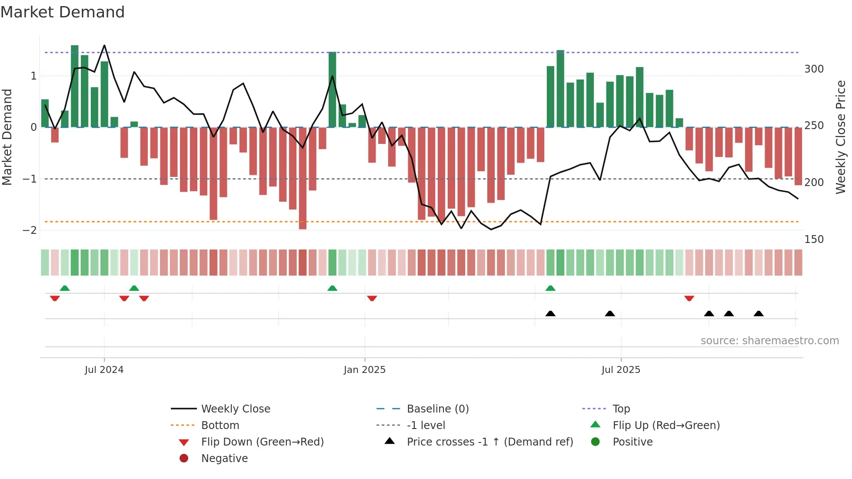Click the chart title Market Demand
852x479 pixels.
coord(63,12)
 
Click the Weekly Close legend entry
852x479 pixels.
coord(235,409)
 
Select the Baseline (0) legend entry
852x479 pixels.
coord(437,409)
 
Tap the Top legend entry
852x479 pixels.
coord(621,409)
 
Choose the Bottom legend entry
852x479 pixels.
coord(220,426)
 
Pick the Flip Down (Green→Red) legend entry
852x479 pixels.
coord(262,442)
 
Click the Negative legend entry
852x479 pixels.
coord(224,459)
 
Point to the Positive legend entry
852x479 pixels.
coord(632,442)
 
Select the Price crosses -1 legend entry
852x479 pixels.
coord(489,442)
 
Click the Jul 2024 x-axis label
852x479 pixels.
coord(104,370)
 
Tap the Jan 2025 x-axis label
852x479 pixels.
coord(364,370)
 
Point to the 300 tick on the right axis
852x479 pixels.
coord(814,69)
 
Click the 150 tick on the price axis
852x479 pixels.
coord(814,239)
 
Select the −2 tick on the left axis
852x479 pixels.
coord(30,230)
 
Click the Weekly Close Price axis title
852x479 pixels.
coord(841,137)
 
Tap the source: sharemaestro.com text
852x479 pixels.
coord(769,341)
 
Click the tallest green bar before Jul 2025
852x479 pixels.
coord(560,89)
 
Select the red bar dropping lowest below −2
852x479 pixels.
coord(303,178)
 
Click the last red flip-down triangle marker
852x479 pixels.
coord(689,299)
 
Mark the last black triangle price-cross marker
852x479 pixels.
coord(759,313)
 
